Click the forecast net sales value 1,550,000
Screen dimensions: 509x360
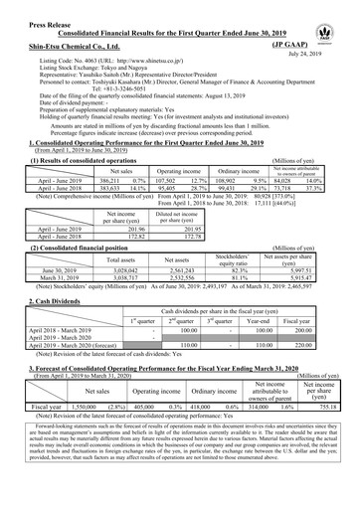click(77, 407)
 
